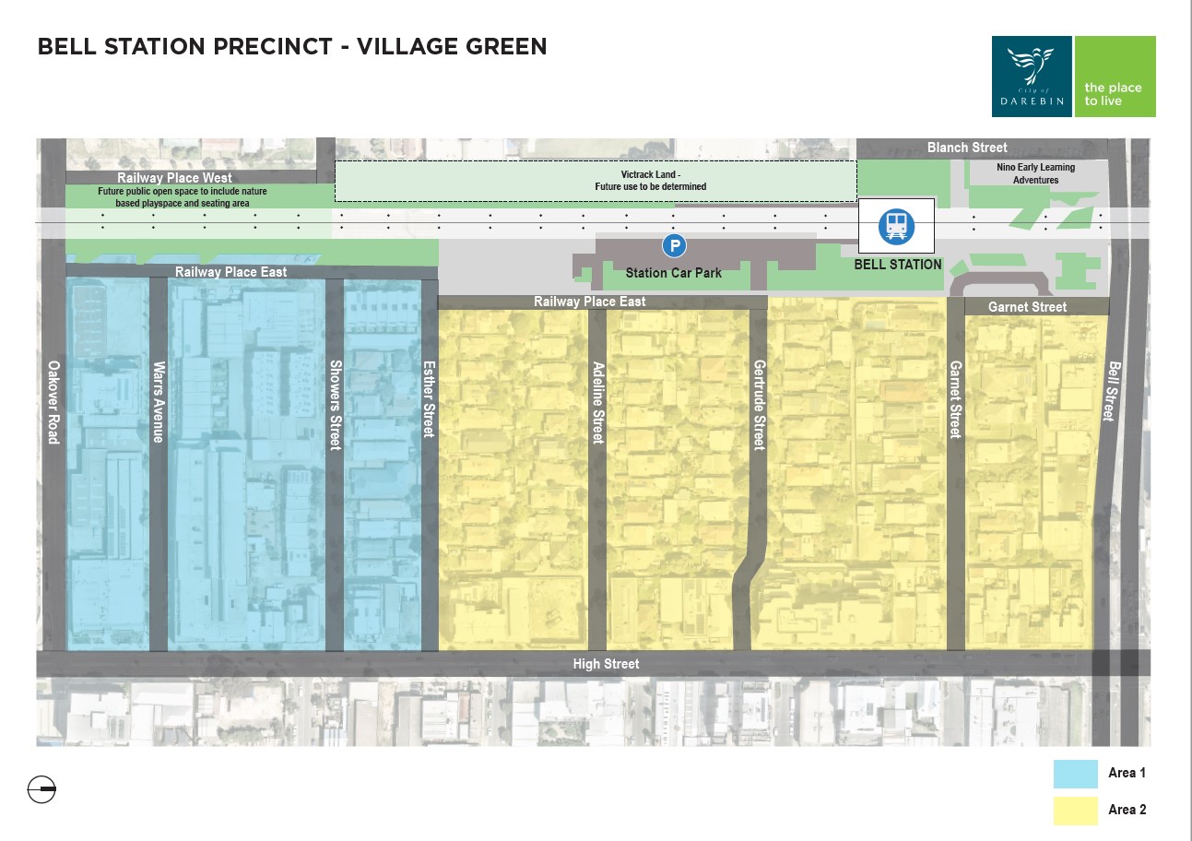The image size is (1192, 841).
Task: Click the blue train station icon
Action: tap(895, 226)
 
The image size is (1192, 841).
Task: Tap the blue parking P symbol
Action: tap(675, 245)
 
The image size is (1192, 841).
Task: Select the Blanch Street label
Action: tap(967, 148)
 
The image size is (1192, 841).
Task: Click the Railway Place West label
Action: tap(174, 178)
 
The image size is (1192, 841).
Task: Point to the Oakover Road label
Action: tap(53, 402)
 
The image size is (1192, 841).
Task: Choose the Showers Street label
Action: tap(336, 404)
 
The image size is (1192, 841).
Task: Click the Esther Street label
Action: tap(429, 398)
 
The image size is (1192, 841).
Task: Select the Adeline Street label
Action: tap(597, 401)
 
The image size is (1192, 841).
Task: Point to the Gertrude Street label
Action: tap(759, 404)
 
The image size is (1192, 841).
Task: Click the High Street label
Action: tap(606, 664)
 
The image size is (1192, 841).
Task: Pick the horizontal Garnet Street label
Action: tap(1027, 307)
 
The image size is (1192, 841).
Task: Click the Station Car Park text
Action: tap(673, 273)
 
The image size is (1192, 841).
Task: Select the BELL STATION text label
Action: tap(897, 265)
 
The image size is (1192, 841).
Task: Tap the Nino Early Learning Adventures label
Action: tap(1035, 173)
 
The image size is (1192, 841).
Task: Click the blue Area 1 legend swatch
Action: tap(1075, 774)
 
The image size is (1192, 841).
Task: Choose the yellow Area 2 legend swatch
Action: tap(1075, 810)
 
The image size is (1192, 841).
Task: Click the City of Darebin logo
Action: tap(1032, 77)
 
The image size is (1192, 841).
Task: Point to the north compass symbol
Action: tap(42, 790)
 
